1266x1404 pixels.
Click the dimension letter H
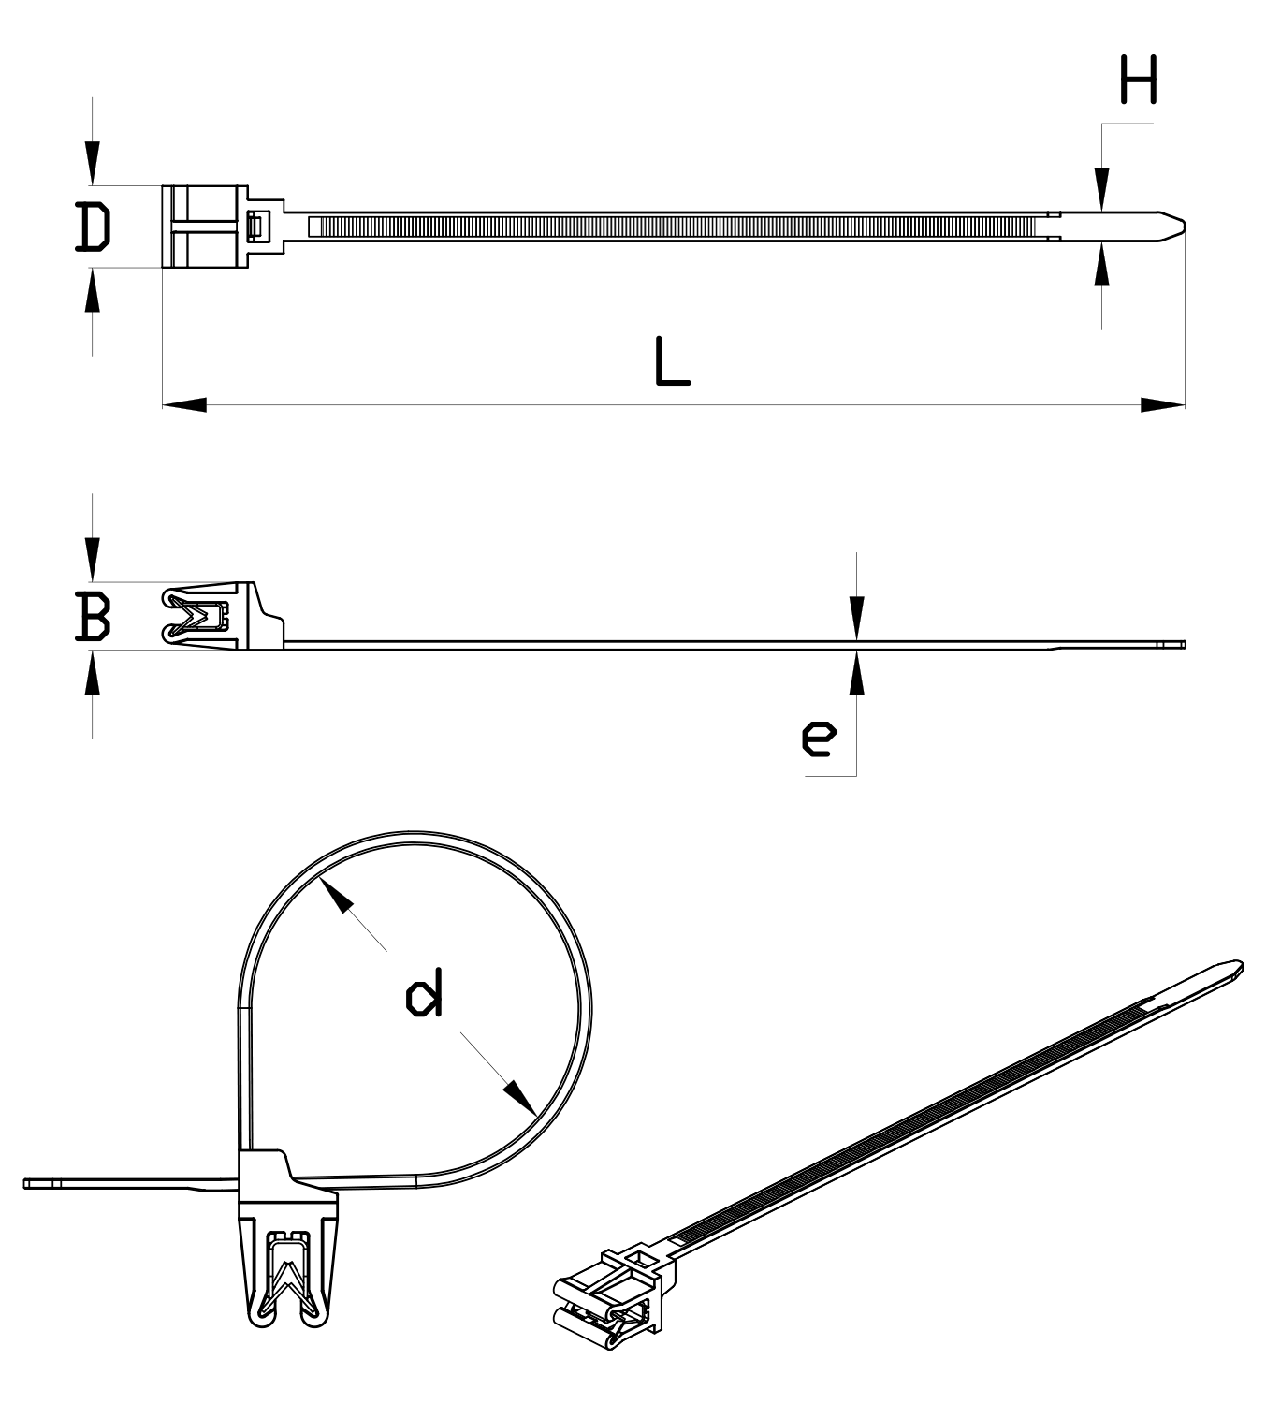tap(1138, 80)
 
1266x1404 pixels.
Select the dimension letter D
tap(93, 228)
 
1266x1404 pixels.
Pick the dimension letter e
tap(818, 739)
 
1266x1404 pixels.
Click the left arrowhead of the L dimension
tap(185, 405)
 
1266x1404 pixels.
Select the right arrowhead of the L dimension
tap(1162, 405)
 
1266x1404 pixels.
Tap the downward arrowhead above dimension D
tap(92, 163)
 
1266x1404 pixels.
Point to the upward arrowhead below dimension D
tap(92, 288)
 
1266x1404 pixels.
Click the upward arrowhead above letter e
tap(855, 671)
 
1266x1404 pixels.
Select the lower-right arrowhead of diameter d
tap(520, 1097)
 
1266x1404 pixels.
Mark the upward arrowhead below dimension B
tap(92, 670)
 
